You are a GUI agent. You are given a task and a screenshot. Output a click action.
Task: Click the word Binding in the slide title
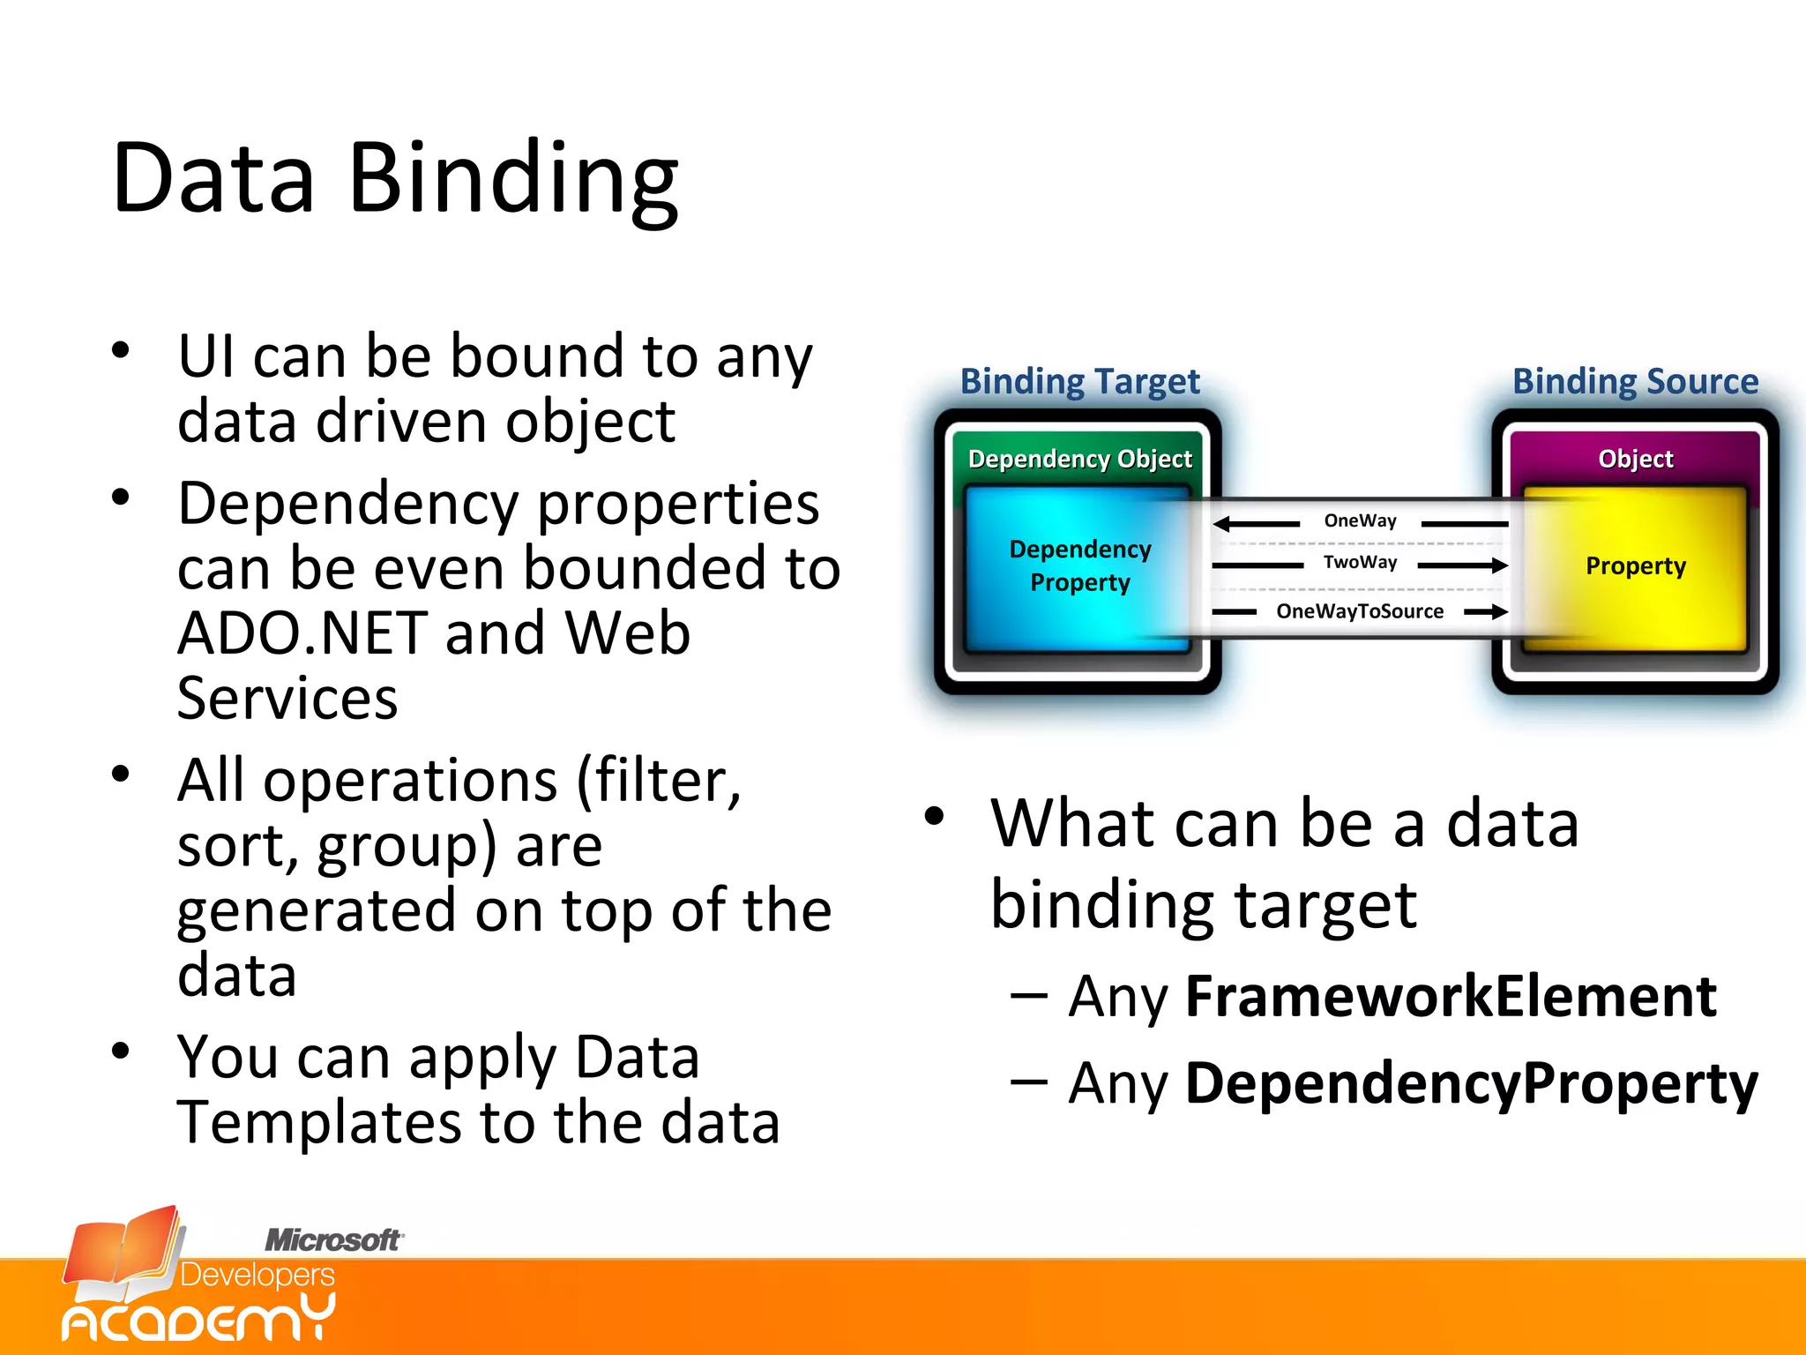tap(513, 180)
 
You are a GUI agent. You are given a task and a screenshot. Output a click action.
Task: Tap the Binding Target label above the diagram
tap(1079, 381)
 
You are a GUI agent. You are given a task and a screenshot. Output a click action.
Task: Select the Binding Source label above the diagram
tap(1635, 381)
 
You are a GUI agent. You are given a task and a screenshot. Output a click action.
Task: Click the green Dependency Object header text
tap(1079, 459)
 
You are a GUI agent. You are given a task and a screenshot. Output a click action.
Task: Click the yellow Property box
tap(1635, 566)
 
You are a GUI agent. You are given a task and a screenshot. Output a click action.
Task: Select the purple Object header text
tap(1635, 459)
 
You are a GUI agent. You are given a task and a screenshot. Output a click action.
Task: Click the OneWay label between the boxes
tap(1360, 520)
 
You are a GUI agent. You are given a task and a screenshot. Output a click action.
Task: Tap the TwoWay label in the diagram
tap(1360, 563)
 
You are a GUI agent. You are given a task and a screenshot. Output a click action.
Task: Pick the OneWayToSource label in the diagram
tap(1360, 611)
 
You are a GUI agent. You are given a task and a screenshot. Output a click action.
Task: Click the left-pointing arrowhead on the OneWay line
tap(1222, 524)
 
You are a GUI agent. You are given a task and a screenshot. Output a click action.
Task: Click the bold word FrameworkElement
tap(1450, 997)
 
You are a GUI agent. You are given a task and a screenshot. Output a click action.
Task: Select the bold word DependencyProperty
tap(1471, 1083)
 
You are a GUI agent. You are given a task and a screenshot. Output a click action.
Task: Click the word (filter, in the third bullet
tap(658, 782)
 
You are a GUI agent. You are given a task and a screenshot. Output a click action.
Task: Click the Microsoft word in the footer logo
tap(333, 1240)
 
